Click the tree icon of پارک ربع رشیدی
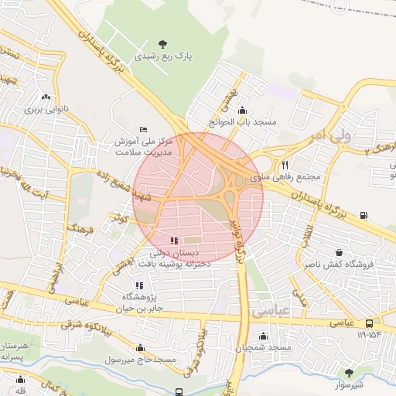click(162, 43)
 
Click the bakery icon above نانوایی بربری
click(47, 97)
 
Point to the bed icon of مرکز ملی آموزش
click(142, 129)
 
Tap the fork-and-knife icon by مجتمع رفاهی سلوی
click(285, 164)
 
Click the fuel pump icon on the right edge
click(364, 216)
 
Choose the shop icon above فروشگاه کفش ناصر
click(339, 251)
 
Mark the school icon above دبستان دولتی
click(174, 241)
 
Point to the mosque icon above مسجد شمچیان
click(264, 336)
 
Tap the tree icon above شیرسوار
click(350, 372)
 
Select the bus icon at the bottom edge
click(179, 392)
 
